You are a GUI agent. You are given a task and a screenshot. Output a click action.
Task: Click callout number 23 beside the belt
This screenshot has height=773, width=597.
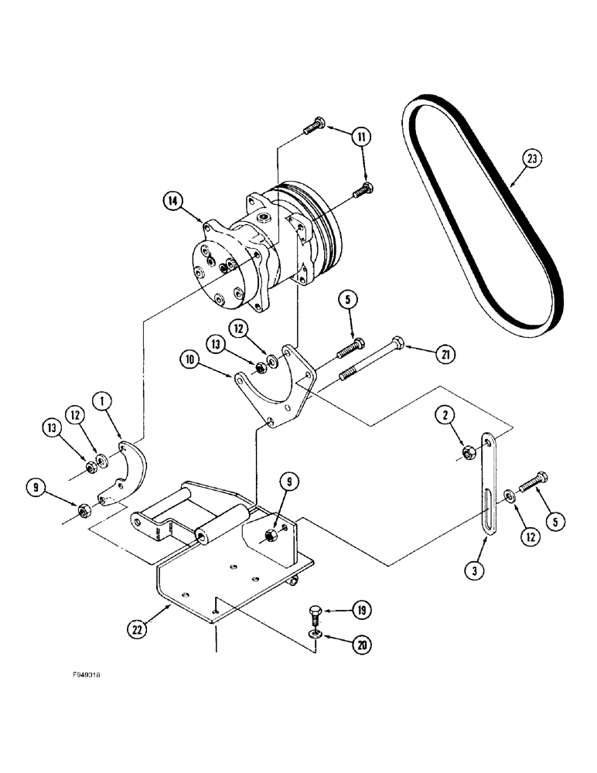(532, 160)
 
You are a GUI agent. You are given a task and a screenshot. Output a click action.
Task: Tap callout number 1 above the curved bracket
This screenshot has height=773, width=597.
(101, 400)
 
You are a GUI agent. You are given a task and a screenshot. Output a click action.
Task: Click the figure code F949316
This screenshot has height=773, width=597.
(85, 674)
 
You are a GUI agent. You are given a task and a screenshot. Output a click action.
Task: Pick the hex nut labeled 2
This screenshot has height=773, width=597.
(467, 451)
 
